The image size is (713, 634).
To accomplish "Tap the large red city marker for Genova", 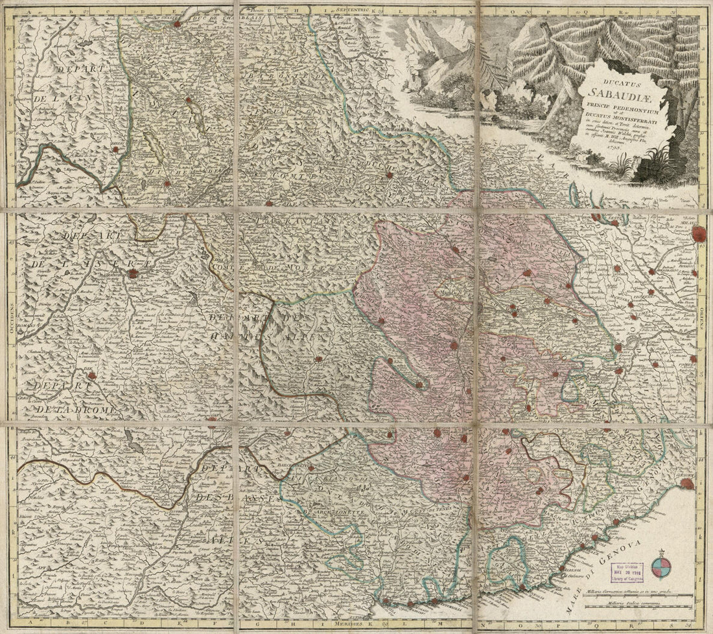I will pyautogui.click(x=688, y=483).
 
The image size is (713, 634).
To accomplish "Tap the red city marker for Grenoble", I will pyautogui.click(x=133, y=273).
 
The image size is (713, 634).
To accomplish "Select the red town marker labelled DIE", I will pyautogui.click(x=92, y=375).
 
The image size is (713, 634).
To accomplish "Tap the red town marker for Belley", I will pyautogui.click(x=133, y=150).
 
